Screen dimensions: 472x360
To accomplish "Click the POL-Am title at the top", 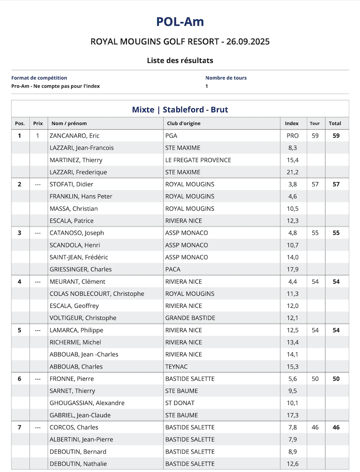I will click(180, 22).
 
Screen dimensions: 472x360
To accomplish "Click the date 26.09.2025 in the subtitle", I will click(248, 42).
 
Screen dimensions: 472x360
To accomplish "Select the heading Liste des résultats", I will click(180, 60).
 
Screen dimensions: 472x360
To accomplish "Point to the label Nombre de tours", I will click(226, 78).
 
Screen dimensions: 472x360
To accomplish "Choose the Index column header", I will click(292, 123).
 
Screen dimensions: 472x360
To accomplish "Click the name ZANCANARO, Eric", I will click(74, 136).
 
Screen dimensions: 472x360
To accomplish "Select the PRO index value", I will click(292, 136).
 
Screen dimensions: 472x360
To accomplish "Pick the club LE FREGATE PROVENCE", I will click(198, 160).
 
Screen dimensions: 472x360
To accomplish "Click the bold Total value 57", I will click(336, 184).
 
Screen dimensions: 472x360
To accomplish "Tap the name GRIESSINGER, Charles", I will click(81, 269).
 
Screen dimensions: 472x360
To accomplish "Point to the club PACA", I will click(173, 269).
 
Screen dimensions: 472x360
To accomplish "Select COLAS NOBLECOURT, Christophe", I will click(97, 294).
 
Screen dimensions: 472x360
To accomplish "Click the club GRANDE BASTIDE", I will click(190, 318).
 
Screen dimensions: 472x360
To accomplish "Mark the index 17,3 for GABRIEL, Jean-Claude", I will click(292, 415).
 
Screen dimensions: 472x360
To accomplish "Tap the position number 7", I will click(19, 427).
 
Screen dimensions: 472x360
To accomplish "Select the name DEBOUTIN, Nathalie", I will click(78, 463).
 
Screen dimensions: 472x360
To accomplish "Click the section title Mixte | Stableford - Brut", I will click(180, 110).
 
